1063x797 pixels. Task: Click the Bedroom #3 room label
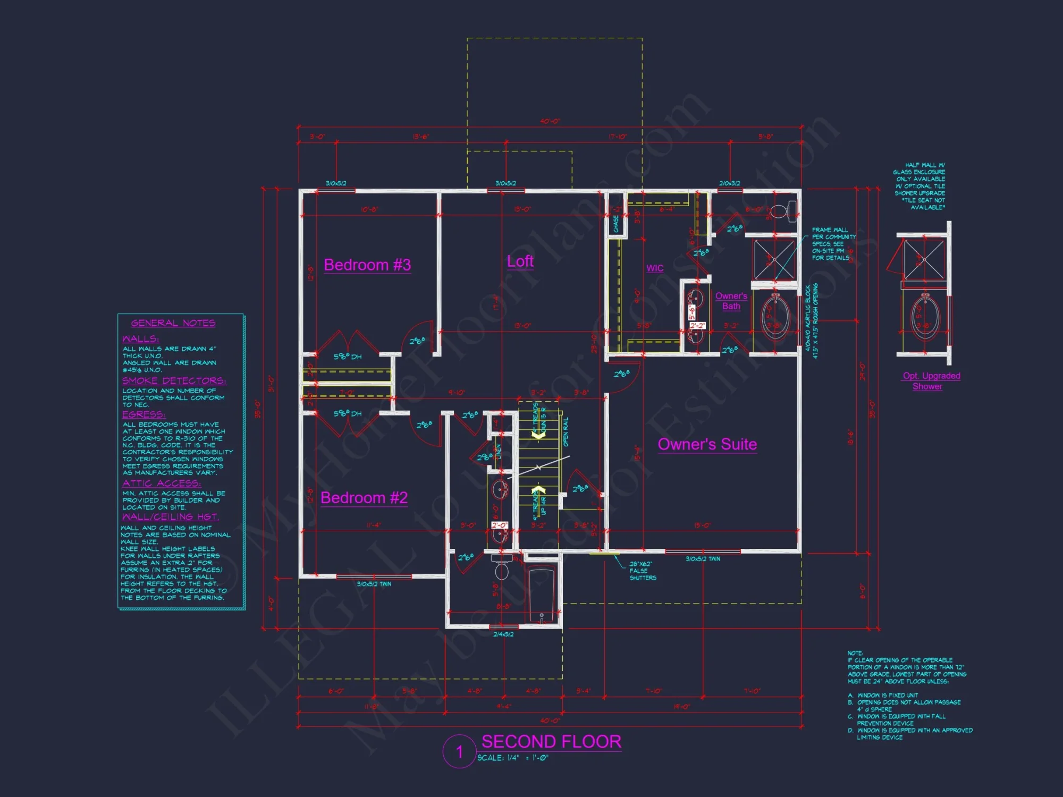[x=367, y=265]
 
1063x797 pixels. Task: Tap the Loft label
[x=520, y=261]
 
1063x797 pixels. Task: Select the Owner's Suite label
[x=707, y=444]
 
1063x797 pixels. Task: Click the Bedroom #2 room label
[x=364, y=498]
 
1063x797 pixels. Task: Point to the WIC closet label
[x=655, y=268]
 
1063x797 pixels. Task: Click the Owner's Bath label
[x=731, y=301]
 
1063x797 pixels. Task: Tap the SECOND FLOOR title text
[x=551, y=741]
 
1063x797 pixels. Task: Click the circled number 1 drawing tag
[x=459, y=751]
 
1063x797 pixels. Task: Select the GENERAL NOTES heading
[x=173, y=323]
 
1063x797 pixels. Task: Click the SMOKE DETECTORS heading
[x=174, y=381]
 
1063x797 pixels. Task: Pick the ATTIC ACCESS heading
[x=162, y=484]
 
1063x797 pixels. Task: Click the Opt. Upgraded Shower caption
[x=931, y=381]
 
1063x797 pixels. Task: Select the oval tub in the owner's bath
[x=776, y=317]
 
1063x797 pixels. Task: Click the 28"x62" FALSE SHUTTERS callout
[x=642, y=571]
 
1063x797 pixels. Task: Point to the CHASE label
[x=616, y=224]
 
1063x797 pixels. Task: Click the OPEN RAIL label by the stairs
[x=566, y=431]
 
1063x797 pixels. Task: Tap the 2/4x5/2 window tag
[x=503, y=634]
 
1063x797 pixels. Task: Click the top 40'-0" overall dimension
[x=550, y=121]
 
